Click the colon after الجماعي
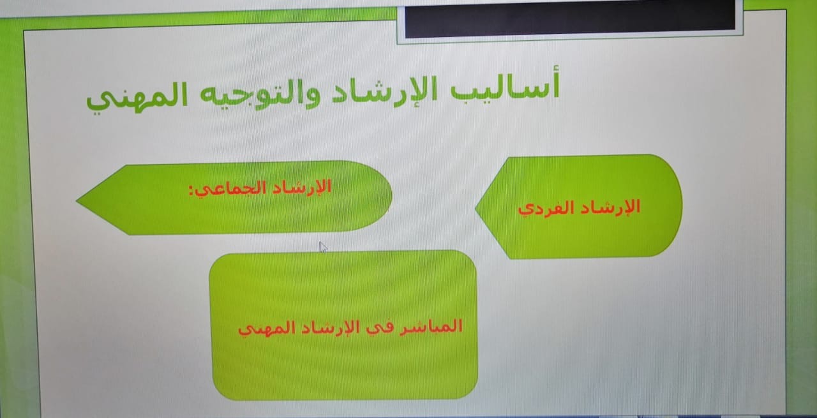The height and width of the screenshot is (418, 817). click(191, 190)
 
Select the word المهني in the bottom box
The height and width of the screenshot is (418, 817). click(270, 329)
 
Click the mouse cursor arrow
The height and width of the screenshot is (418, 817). click(322, 247)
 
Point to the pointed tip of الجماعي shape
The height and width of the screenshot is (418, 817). click(77, 200)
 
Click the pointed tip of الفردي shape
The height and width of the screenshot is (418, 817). click(476, 208)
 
